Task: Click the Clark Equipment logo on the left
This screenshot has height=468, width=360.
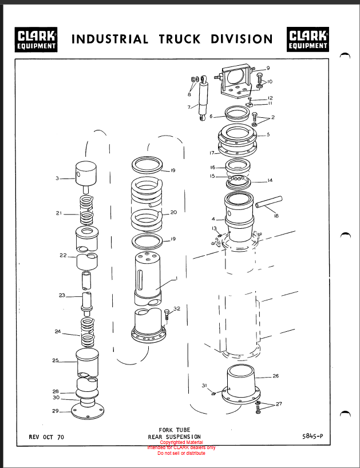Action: click(x=36, y=39)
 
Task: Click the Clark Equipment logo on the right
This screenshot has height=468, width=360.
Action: click(x=308, y=39)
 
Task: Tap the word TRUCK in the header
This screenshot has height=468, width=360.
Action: click(x=180, y=39)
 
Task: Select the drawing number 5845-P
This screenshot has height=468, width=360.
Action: click(x=312, y=436)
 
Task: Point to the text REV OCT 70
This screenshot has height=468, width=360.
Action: click(x=46, y=437)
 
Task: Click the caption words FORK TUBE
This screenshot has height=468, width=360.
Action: click(x=175, y=430)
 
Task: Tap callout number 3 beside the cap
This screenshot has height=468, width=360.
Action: click(x=57, y=178)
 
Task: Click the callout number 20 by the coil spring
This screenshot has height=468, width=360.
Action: click(x=173, y=212)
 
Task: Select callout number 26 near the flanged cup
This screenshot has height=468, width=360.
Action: click(x=275, y=376)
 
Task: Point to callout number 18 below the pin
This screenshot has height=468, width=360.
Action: click(x=276, y=216)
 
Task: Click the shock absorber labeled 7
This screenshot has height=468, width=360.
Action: click(x=203, y=98)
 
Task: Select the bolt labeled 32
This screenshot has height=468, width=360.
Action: click(x=167, y=316)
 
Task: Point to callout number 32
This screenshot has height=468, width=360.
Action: click(x=177, y=308)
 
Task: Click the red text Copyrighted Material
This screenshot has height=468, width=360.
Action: click(x=181, y=442)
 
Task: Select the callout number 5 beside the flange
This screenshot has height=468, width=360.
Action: click(x=268, y=134)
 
